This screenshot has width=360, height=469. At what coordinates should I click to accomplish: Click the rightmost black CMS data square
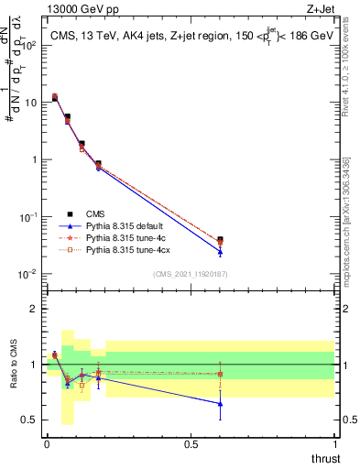coord(220,240)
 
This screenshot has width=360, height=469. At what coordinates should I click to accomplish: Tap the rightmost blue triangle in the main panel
coord(220,252)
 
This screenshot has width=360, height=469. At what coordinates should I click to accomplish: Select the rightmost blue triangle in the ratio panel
coord(220,403)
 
